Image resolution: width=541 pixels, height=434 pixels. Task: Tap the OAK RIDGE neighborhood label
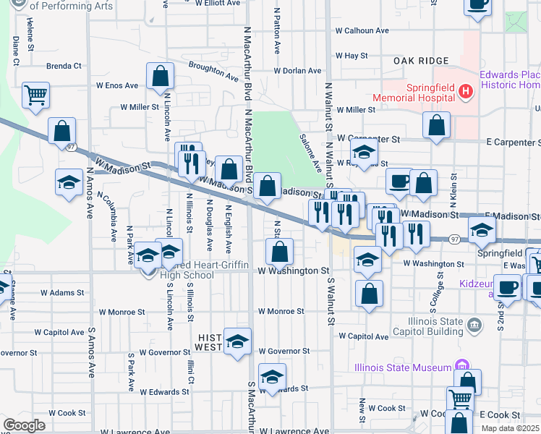pyautogui.click(x=422, y=61)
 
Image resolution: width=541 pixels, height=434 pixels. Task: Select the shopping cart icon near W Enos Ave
pyautogui.click(x=35, y=94)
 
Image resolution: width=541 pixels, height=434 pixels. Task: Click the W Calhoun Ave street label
pyautogui.click(x=362, y=31)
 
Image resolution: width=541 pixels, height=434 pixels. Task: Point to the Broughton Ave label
pyautogui.click(x=213, y=70)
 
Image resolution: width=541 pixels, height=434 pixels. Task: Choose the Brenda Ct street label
pyautogui.click(x=64, y=66)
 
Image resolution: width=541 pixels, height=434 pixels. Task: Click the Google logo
pyautogui.click(x=24, y=425)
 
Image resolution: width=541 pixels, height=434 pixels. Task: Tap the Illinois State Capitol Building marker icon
pyautogui.click(x=474, y=323)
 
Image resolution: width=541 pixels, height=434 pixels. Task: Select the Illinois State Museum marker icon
pyautogui.click(x=457, y=367)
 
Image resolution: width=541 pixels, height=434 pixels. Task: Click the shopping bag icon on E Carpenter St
pyautogui.click(x=437, y=126)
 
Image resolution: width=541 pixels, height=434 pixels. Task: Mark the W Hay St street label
pyautogui.click(x=352, y=55)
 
